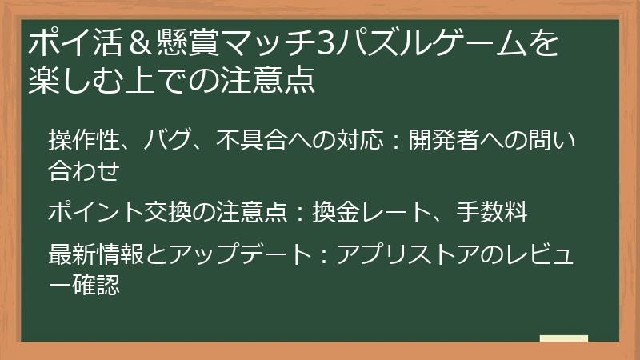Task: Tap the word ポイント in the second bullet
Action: (x=95, y=214)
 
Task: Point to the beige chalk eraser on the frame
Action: (x=563, y=338)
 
